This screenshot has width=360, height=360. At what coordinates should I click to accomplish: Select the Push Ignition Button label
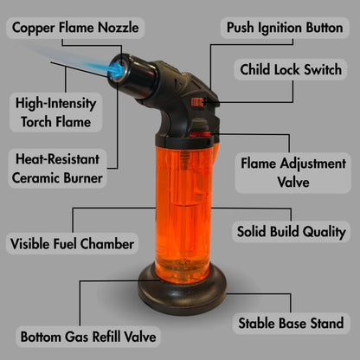pyautogui.click(x=284, y=27)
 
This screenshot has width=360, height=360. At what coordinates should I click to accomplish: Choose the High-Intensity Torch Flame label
pyautogui.click(x=53, y=112)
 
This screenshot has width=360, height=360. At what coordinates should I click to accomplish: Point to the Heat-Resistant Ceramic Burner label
pyautogui.click(x=59, y=168)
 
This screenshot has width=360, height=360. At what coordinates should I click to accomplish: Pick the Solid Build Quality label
pyautogui.click(x=291, y=232)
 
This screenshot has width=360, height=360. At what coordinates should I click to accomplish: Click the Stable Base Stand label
pyautogui.click(x=291, y=323)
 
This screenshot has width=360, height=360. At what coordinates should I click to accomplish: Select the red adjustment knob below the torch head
pyautogui.click(x=198, y=131)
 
